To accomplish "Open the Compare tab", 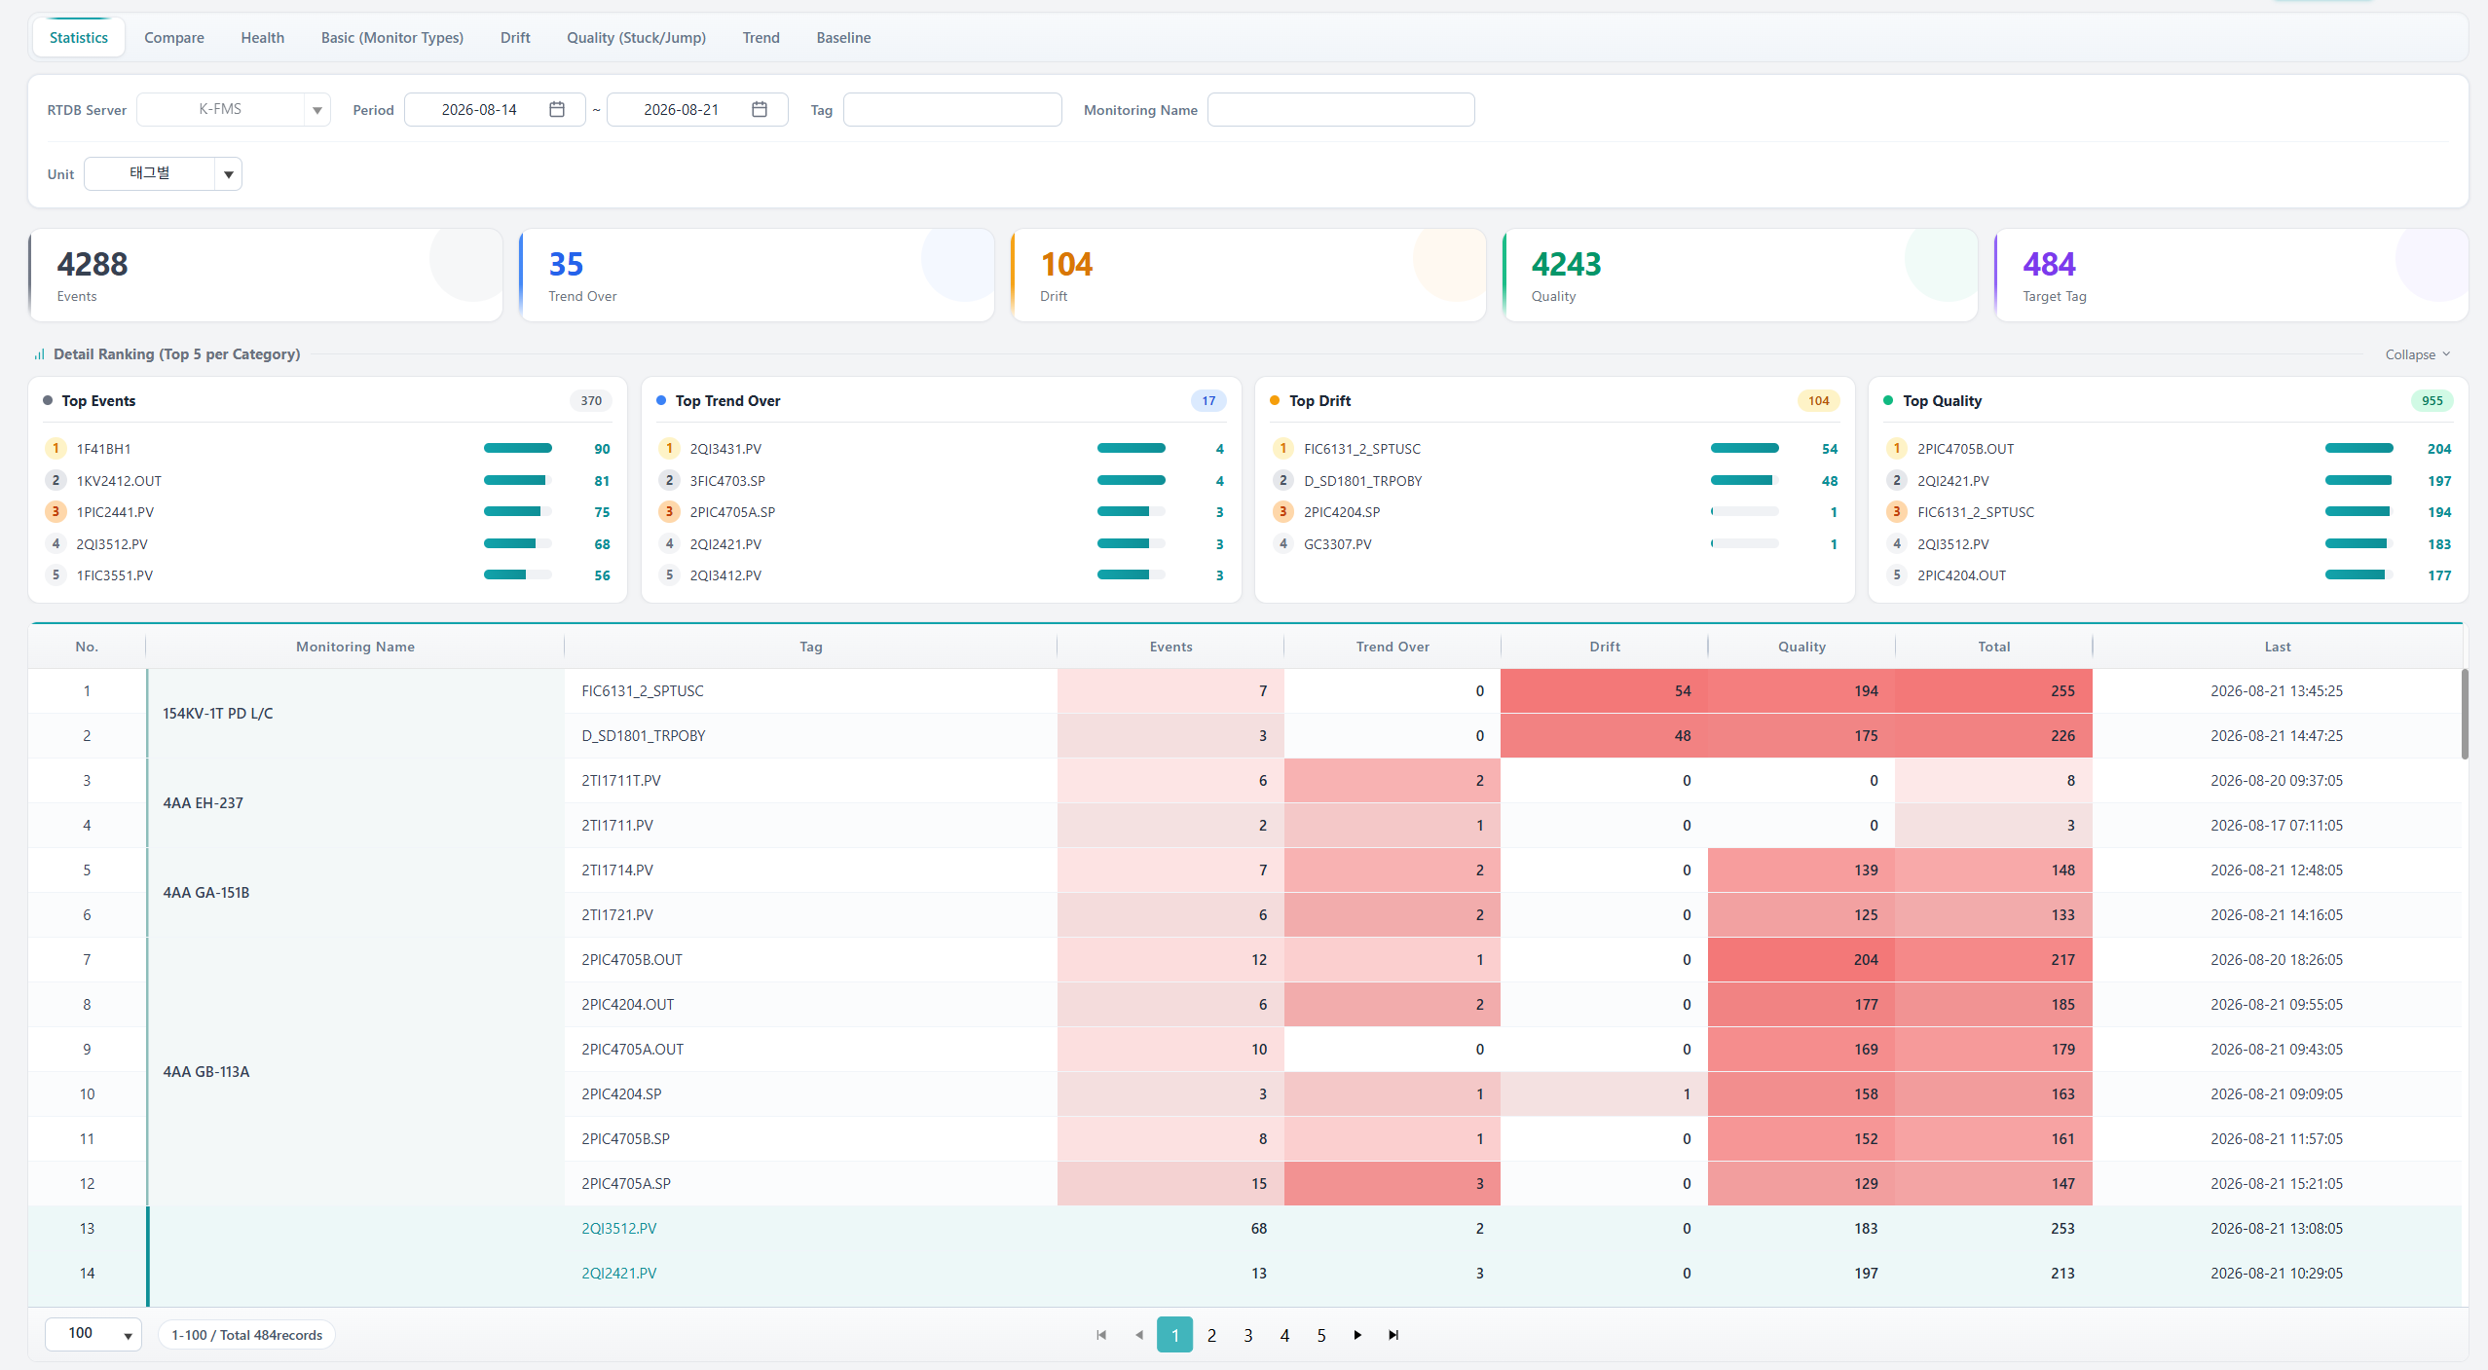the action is tap(174, 38).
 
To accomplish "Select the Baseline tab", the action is tap(843, 38).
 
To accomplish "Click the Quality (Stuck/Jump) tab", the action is tap(636, 38).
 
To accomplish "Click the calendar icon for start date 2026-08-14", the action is tap(557, 109).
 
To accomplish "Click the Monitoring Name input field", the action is tap(1341, 109).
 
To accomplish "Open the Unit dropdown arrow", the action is tap(228, 174).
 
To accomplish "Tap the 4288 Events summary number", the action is tap(93, 264).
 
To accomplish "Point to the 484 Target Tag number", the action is tap(2049, 264).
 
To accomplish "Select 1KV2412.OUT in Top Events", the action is tap(119, 481).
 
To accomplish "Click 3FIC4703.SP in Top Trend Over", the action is tap(727, 481).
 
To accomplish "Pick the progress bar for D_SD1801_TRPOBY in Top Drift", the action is tap(1744, 480).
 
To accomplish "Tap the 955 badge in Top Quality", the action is tap(2432, 400).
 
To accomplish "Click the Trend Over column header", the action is tap(1393, 647).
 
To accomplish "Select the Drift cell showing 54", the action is tap(1604, 690).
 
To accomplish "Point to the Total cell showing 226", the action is tap(1993, 735).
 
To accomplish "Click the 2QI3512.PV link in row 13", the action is tap(619, 1228).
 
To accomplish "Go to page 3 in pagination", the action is tap(1247, 1335).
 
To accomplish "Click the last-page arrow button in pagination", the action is tap(1393, 1335).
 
